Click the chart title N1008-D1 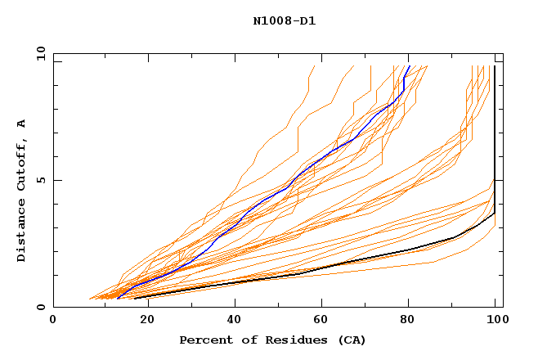click(x=284, y=20)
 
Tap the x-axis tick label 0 click(x=53, y=320)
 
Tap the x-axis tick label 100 click(x=495, y=320)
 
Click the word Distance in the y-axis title click(x=21, y=231)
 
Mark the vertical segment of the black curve click(x=495, y=139)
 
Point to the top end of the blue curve click(x=409, y=66)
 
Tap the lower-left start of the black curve click(x=135, y=298)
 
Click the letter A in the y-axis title click(x=21, y=124)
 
